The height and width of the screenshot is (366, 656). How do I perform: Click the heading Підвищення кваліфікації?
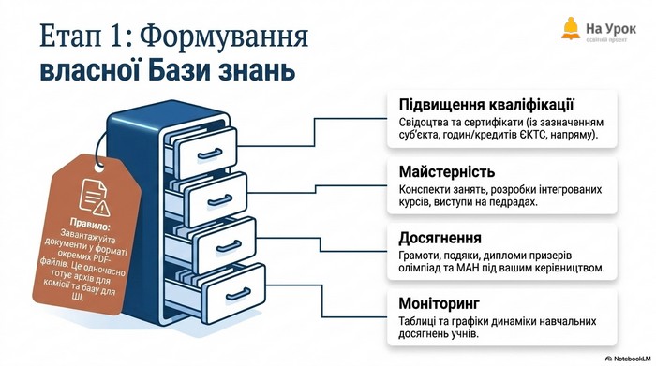pos(485,105)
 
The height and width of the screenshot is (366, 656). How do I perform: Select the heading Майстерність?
pos(447,171)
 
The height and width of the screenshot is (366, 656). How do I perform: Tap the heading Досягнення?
pos(440,238)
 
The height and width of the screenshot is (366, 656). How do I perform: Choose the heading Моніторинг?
pos(440,303)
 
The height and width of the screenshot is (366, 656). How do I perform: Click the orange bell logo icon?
pos(571,28)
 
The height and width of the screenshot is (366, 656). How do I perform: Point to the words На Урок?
pos(611,28)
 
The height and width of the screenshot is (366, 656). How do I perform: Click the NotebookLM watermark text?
pos(632,359)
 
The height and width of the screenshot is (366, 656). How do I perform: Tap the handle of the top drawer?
pos(210,154)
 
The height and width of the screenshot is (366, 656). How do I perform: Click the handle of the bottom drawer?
pos(238,294)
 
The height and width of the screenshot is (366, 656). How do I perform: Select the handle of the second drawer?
pos(220,200)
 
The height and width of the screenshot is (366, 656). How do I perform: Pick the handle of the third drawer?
pos(229,245)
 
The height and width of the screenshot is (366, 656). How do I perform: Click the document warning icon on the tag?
pos(95,198)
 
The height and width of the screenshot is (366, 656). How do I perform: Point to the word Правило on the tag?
pos(90,225)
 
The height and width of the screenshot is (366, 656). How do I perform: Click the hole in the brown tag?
pos(99,168)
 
